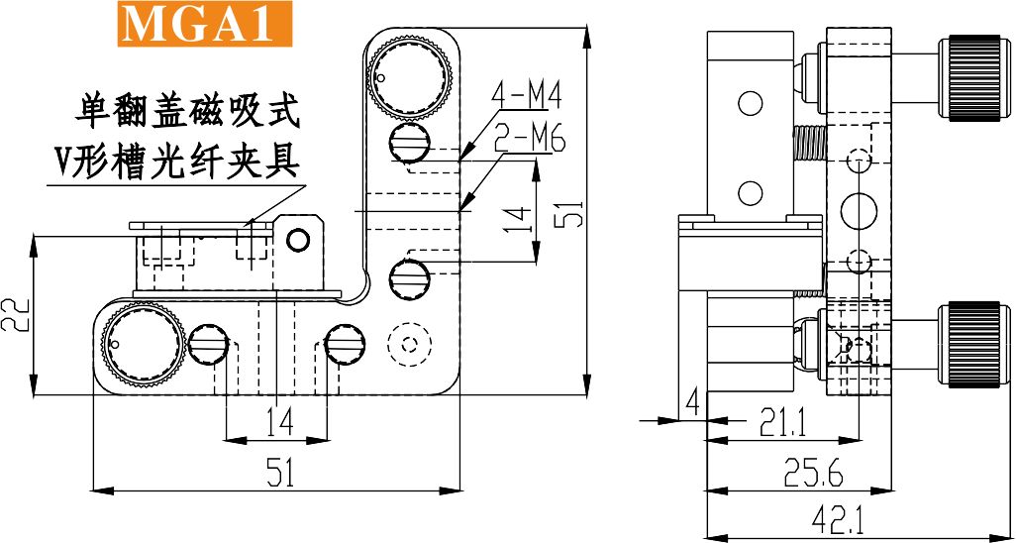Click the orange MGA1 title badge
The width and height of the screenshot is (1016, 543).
pyautogui.click(x=204, y=24)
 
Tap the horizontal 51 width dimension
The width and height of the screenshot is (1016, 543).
pyautogui.click(x=279, y=473)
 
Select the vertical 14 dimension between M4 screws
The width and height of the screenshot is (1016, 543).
pyautogui.click(x=520, y=219)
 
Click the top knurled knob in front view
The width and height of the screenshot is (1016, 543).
pyautogui.click(x=410, y=78)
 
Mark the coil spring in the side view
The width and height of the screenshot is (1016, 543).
pyautogui.click(x=807, y=143)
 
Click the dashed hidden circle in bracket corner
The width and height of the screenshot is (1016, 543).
pyautogui.click(x=409, y=345)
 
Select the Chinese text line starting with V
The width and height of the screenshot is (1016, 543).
pyautogui.click(x=176, y=161)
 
